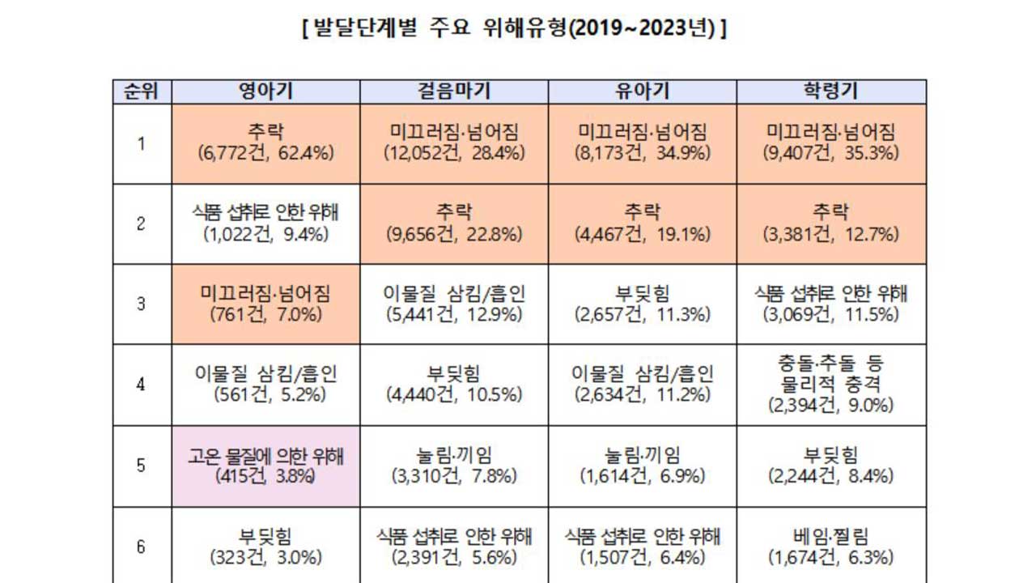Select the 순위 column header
pos(142,91)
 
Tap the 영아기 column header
pos(265,91)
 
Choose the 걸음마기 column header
pos(454,91)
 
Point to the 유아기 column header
pos(643,91)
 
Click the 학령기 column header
pos(831,91)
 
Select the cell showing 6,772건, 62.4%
pos(265,143)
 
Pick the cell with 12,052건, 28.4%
pos(454,143)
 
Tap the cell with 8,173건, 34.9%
pos(643,143)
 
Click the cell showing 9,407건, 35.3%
pos(831,143)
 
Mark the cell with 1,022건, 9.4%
pos(265,223)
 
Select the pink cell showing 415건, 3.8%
pos(265,466)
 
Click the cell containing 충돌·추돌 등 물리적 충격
pos(831,385)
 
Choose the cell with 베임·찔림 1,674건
pos(831,547)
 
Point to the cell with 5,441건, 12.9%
pos(454,304)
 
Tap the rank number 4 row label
pos(142,385)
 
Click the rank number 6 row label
pos(142,547)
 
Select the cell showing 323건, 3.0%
pos(265,547)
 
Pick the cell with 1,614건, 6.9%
pos(643,466)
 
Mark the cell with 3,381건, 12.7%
pos(831,223)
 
